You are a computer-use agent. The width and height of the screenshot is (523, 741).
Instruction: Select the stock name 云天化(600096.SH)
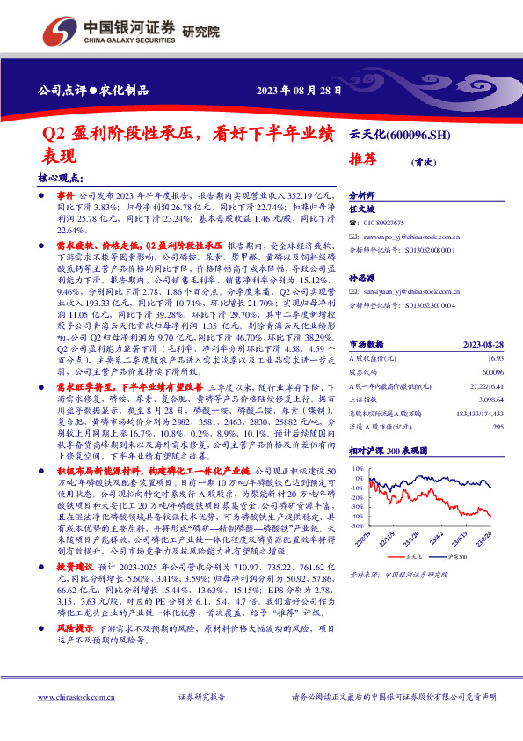pyautogui.click(x=400, y=134)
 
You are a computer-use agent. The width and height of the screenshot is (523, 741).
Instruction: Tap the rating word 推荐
pyautogui.click(x=364, y=160)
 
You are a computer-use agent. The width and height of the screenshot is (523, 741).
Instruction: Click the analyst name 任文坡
pyautogui.click(x=362, y=209)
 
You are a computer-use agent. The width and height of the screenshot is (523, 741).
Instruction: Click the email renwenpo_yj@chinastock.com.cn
pyautogui.click(x=410, y=237)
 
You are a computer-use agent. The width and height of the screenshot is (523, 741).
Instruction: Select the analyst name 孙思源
pyautogui.click(x=362, y=278)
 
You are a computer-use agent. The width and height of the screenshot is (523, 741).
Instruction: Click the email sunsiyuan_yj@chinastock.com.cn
pyautogui.click(x=410, y=291)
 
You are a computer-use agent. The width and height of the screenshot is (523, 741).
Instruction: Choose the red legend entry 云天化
pyautogui.click(x=416, y=557)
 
